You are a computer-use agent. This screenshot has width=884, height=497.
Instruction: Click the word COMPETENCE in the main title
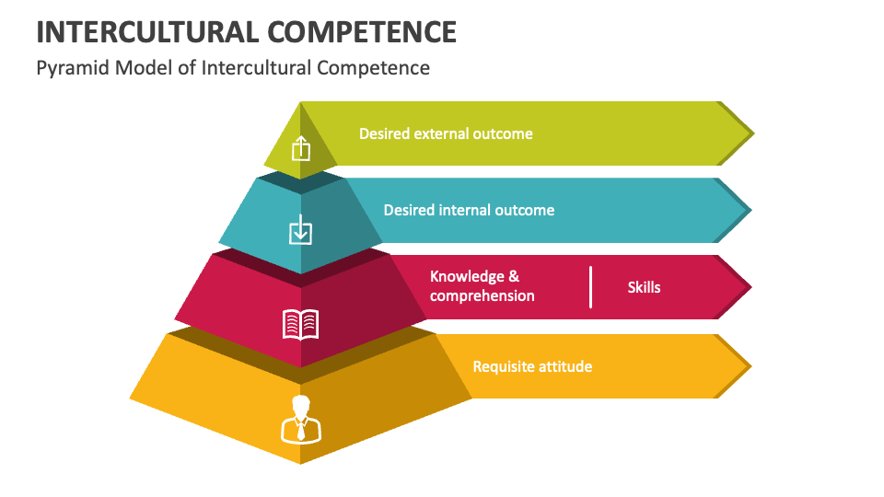click(x=362, y=31)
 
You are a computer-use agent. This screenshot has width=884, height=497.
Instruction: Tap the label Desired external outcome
click(x=446, y=133)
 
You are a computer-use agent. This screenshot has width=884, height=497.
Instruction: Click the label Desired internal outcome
click(x=469, y=210)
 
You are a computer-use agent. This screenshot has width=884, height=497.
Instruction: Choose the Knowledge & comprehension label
click(x=482, y=285)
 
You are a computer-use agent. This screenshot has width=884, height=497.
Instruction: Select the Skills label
click(x=644, y=287)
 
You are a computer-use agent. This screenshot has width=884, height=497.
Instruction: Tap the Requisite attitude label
click(x=532, y=367)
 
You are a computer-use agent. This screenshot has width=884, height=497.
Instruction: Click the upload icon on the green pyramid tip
click(x=301, y=148)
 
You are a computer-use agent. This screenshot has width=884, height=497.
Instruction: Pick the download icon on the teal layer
click(x=300, y=230)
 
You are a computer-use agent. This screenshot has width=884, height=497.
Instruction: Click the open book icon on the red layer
click(x=300, y=324)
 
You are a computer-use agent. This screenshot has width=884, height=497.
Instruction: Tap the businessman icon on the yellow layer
click(x=301, y=420)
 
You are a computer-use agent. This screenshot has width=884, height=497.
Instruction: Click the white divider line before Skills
click(x=591, y=287)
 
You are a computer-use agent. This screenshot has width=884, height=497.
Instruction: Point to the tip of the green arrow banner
click(x=754, y=133)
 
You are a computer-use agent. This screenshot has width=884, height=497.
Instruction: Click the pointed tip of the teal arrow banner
click(x=751, y=210)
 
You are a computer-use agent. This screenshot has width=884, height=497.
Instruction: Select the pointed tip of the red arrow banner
click(x=751, y=287)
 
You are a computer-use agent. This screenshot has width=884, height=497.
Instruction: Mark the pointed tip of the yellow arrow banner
click(x=751, y=366)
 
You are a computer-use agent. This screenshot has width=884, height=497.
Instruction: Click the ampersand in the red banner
click(x=514, y=276)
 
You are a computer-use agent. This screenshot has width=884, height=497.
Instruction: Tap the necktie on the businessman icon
click(x=301, y=431)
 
